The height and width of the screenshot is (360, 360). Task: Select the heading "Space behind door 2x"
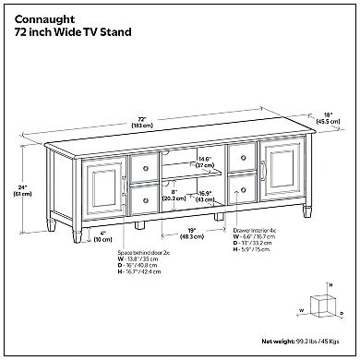point(119,251)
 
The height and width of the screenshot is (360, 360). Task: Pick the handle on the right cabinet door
point(265,173)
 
